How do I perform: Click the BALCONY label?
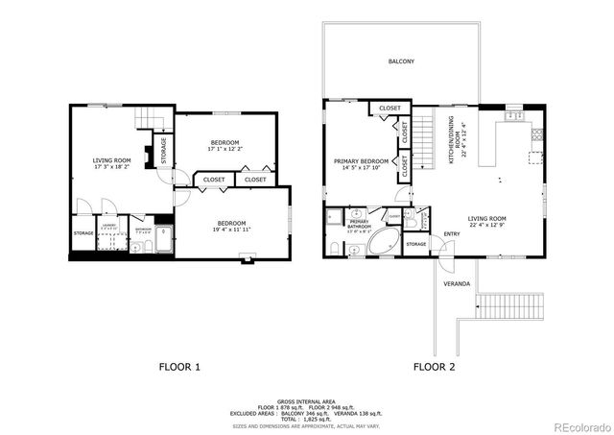401,61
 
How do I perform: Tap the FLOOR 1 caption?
179,367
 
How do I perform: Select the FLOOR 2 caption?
435,367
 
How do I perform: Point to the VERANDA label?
456,284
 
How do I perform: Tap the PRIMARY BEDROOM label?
361,160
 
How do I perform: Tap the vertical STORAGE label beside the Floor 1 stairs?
164,152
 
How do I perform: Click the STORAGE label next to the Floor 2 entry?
415,244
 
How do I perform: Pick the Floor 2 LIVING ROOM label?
486,218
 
